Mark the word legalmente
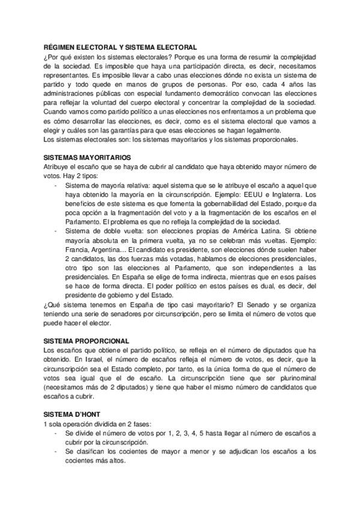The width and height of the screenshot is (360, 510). pyautogui.click(x=262, y=130)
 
